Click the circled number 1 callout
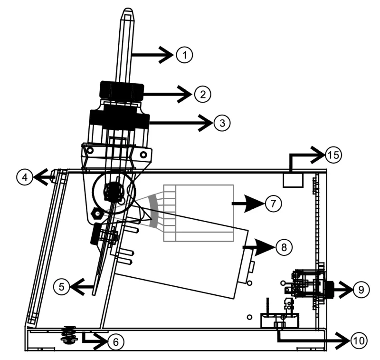click(184, 55)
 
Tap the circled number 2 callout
click(203, 94)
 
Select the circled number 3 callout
click(222, 123)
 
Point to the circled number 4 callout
click(25, 177)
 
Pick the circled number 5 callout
click(62, 287)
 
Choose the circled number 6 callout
click(115, 342)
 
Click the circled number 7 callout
click(274, 203)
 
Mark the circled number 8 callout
click(284, 247)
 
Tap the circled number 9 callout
click(361, 290)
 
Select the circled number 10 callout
click(359, 341)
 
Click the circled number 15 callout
click(333, 155)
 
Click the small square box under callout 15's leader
click(293, 180)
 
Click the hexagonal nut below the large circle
click(97, 214)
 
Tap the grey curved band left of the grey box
click(153, 211)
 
